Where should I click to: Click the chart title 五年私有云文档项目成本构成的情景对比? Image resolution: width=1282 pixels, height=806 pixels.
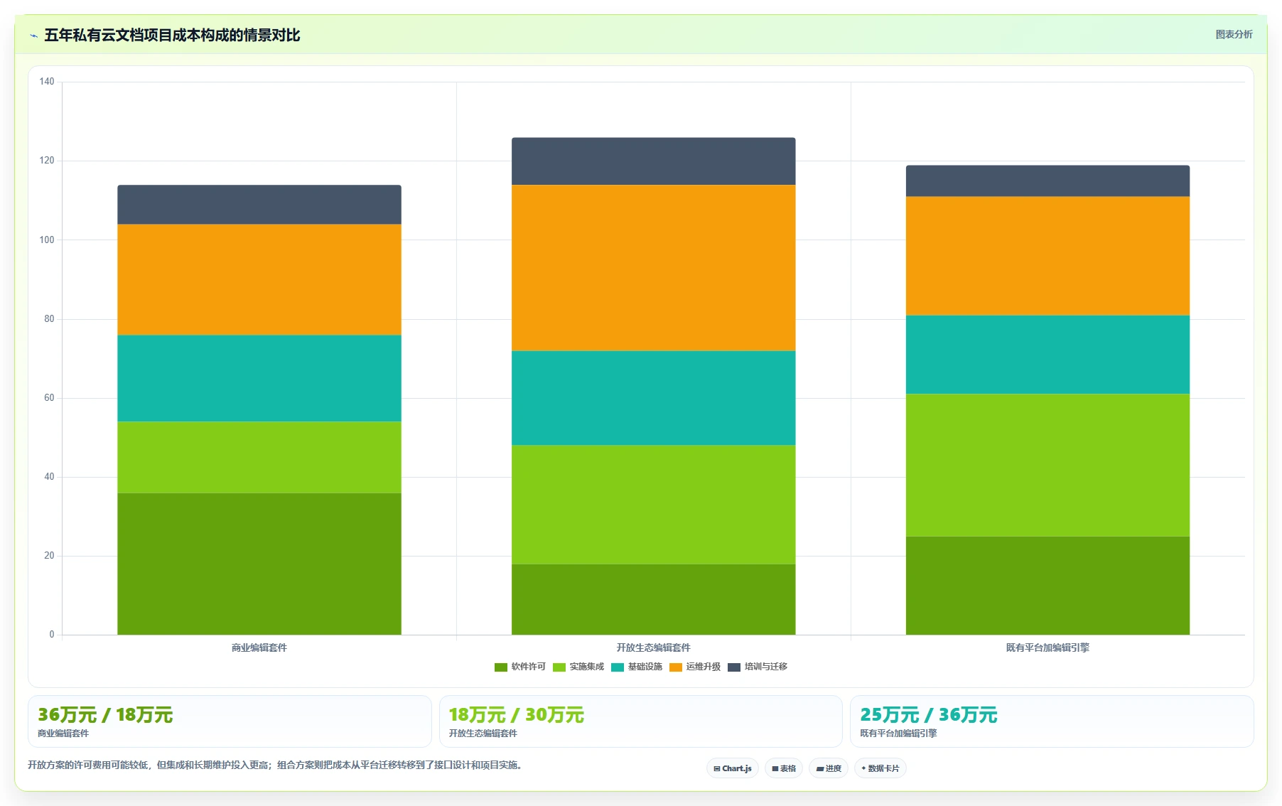tap(172, 35)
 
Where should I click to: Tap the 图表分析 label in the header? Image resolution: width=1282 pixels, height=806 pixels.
tap(1234, 34)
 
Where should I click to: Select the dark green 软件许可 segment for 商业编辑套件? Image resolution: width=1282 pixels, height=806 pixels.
tap(259, 564)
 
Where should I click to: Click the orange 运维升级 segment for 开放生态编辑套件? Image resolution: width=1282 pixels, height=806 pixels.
tap(654, 268)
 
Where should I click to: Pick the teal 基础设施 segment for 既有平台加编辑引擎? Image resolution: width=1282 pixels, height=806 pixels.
tap(1047, 355)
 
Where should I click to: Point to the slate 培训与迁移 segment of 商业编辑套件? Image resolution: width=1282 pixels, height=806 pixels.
tap(259, 205)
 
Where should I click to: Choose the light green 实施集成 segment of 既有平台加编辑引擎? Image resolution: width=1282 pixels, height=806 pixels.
tap(1047, 466)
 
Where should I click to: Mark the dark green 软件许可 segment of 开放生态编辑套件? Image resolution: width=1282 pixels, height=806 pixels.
tap(654, 599)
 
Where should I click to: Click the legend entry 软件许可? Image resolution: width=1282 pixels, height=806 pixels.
tap(520, 667)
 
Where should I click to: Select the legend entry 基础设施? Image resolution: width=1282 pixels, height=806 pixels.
tap(637, 667)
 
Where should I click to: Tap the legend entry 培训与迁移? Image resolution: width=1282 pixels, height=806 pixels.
tap(758, 667)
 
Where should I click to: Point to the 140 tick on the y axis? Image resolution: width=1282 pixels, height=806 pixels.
tap(47, 82)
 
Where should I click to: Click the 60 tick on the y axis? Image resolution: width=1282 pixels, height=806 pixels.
tap(49, 398)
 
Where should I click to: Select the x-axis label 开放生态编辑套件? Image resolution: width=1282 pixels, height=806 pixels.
tap(654, 648)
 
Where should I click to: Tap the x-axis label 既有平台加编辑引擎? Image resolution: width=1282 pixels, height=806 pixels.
tap(1047, 648)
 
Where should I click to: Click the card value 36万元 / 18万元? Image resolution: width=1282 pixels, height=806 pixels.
tap(105, 715)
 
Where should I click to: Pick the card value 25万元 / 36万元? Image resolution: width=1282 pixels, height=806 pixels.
tap(929, 715)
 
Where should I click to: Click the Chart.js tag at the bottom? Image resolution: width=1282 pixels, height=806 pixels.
tap(733, 768)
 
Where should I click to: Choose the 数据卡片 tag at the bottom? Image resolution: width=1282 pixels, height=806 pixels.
tap(880, 768)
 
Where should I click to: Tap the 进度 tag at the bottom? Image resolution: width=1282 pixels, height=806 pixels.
tap(829, 768)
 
